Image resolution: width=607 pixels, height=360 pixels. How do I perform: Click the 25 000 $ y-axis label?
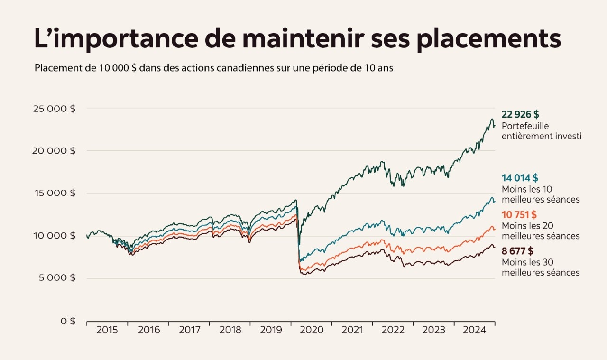click(x=54, y=109)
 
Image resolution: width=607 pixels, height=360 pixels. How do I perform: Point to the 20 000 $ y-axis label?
click(x=54, y=151)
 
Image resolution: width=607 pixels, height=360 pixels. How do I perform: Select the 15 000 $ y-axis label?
click(x=55, y=193)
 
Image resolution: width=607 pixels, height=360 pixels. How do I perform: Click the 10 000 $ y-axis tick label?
click(x=55, y=236)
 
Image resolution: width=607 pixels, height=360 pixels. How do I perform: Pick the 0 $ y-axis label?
click(x=67, y=321)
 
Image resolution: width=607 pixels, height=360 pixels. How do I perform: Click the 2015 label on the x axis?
click(x=107, y=330)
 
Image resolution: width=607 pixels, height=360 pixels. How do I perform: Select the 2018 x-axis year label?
click(x=230, y=330)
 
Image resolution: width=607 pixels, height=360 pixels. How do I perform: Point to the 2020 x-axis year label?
click(x=311, y=330)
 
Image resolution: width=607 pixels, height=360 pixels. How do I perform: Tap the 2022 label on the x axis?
click(x=393, y=330)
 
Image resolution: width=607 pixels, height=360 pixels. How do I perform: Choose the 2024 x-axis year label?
click(x=474, y=330)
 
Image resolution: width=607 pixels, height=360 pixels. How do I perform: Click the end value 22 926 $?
click(x=520, y=115)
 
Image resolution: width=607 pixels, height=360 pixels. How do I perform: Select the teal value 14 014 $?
click(x=520, y=178)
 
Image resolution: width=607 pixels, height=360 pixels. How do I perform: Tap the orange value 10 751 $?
click(x=519, y=214)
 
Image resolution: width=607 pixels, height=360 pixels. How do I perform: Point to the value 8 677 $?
click(x=517, y=251)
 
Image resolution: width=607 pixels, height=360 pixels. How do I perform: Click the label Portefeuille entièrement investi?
click(x=541, y=131)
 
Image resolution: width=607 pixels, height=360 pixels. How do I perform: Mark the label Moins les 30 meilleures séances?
click(x=540, y=268)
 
